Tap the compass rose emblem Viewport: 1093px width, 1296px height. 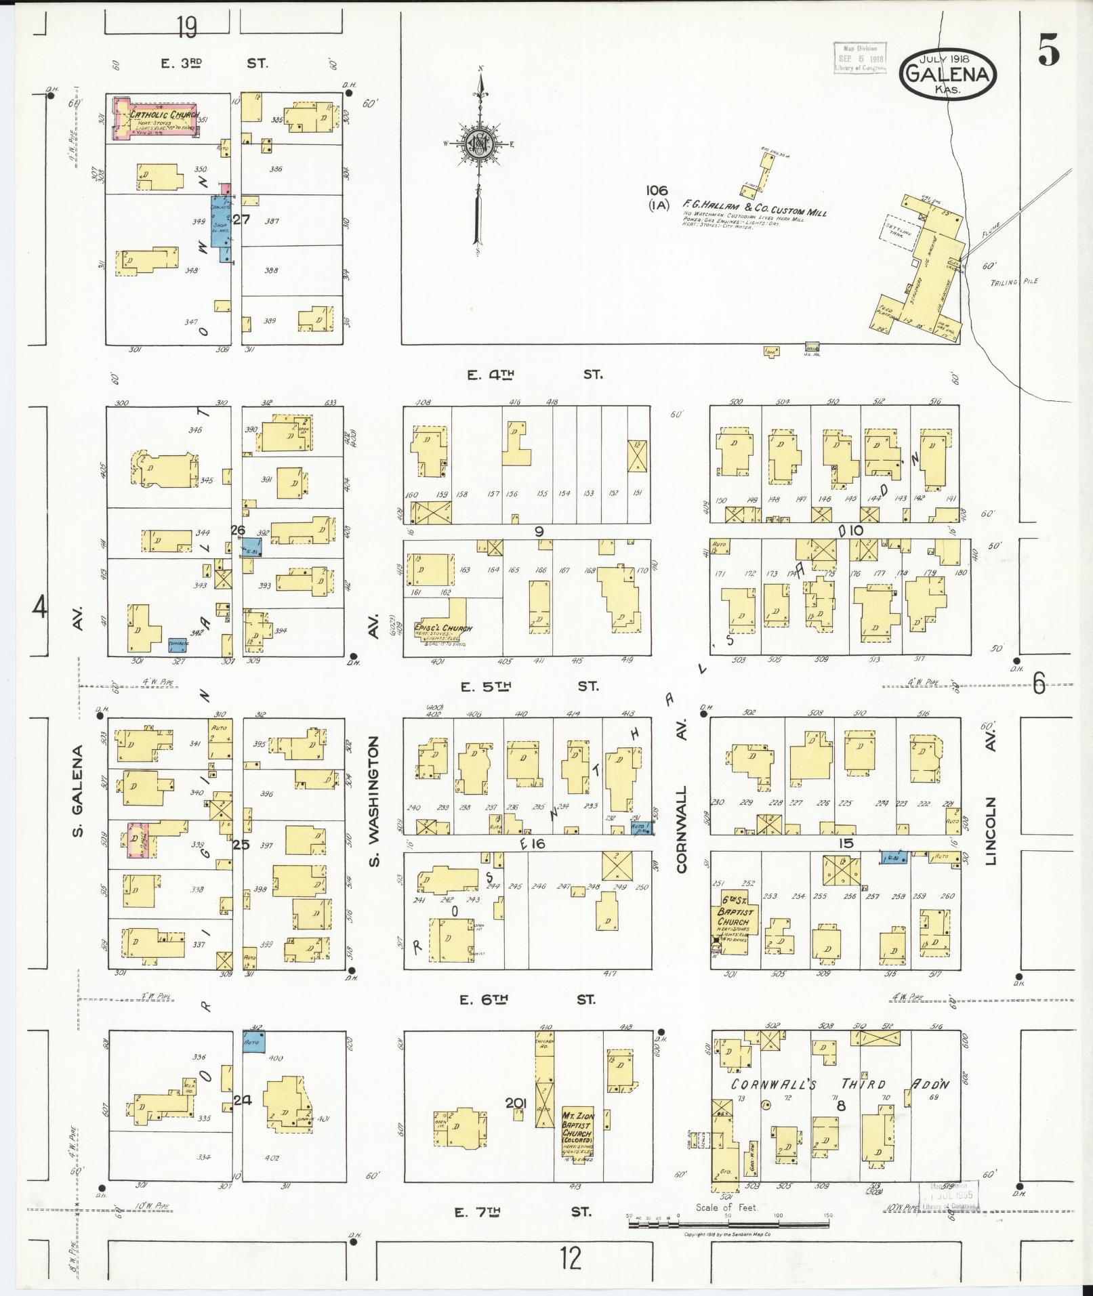[479, 143]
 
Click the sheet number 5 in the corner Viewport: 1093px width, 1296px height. [1048, 53]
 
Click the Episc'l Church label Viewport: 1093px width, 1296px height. [442, 629]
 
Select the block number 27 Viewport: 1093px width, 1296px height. [241, 219]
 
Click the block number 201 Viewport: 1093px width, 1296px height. [516, 1104]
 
